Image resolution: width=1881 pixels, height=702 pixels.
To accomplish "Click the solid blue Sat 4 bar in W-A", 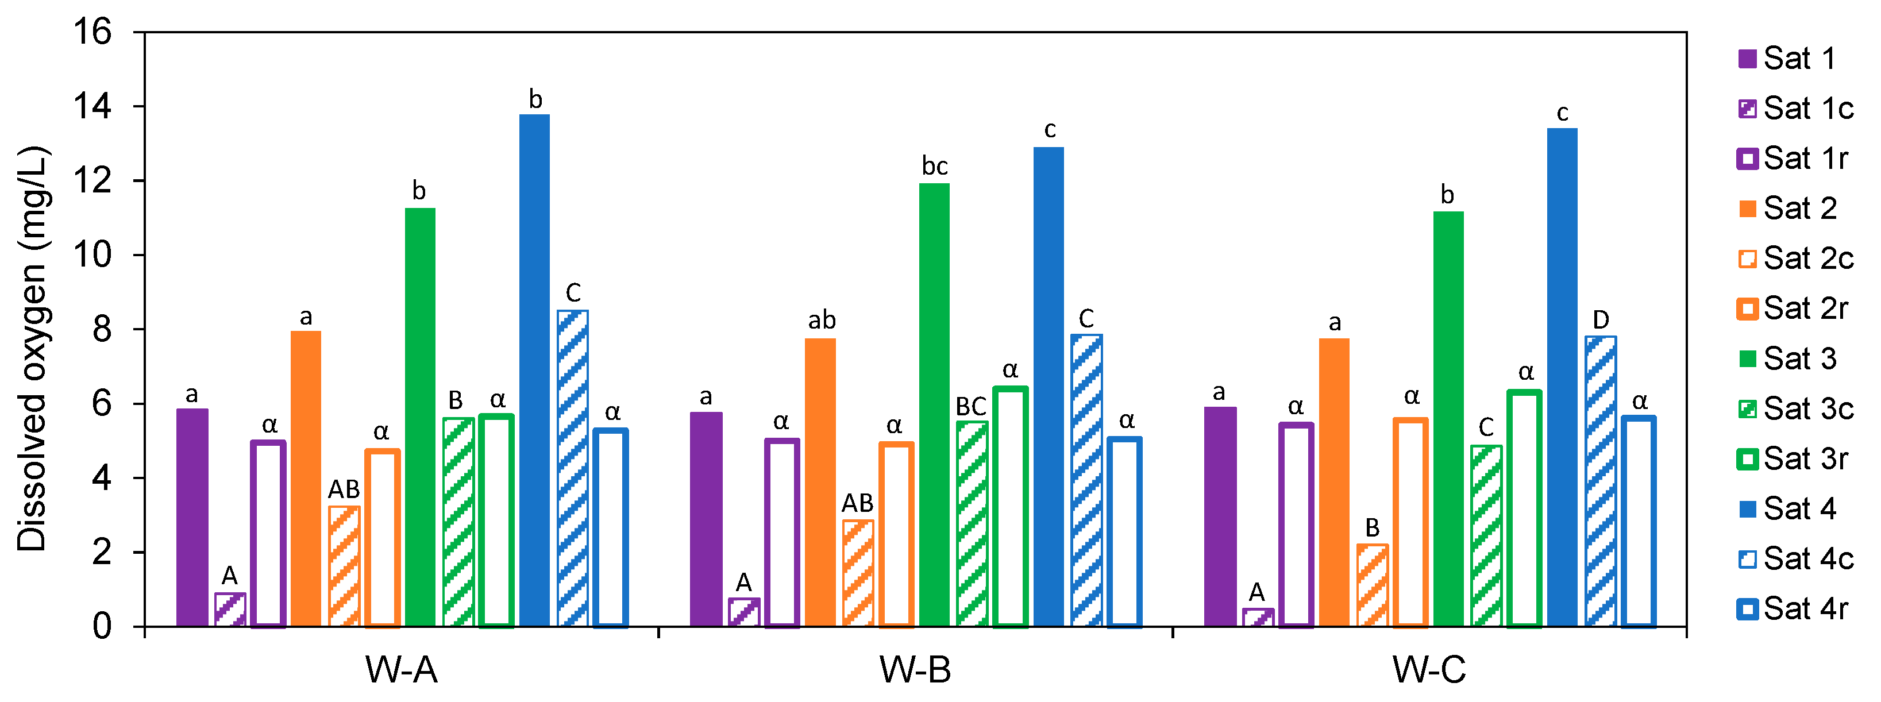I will click(534, 369).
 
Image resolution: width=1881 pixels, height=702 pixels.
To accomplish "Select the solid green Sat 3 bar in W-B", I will click(934, 404).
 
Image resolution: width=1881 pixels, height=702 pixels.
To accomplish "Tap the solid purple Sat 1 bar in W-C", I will click(1220, 516).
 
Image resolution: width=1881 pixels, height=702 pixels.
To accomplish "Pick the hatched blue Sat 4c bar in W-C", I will click(1600, 481).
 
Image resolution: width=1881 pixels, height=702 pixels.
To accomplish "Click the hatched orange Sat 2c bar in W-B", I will click(857, 573).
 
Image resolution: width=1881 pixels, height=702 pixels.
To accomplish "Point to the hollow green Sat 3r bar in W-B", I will click(1010, 506).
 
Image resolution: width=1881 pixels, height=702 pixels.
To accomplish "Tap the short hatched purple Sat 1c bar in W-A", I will click(229, 610).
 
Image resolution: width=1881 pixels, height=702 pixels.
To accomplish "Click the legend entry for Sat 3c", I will click(1797, 408).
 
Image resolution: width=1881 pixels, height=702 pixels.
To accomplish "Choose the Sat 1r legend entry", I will click(1793, 159).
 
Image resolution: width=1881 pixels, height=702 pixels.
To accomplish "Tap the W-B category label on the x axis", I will click(915, 669).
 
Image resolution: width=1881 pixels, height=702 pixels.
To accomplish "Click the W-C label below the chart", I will click(1429, 669).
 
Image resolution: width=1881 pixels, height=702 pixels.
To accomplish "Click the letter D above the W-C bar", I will click(1600, 319).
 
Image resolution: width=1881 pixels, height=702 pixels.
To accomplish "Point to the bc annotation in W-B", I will click(934, 167).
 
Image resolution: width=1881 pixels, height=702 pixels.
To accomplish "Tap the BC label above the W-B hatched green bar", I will click(970, 406).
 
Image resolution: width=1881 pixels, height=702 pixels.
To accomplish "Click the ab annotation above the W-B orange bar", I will click(821, 320).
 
